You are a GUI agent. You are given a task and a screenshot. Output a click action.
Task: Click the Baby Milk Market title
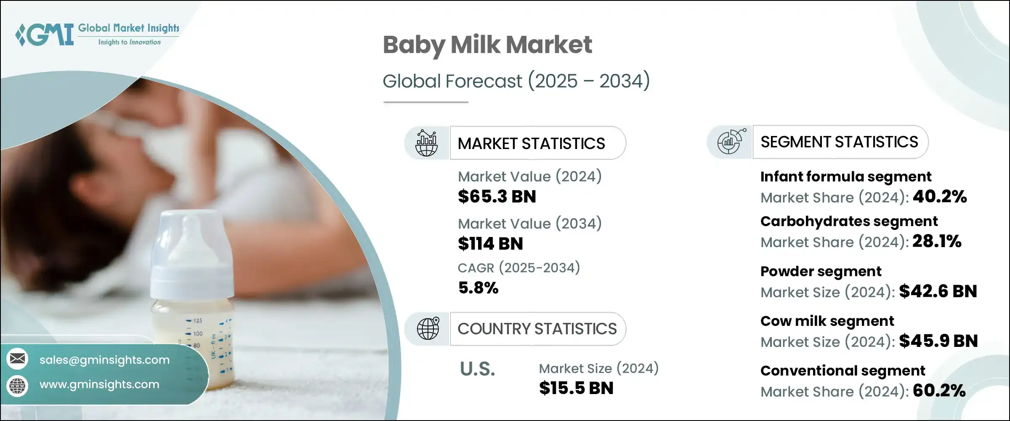pos(487,45)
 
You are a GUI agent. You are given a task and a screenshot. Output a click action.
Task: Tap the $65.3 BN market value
pos(497,197)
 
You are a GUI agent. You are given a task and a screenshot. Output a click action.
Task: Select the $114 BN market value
pos(491,244)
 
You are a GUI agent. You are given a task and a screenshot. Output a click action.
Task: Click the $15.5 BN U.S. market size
pos(576,388)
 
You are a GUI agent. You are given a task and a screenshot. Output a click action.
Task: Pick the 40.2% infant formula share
pos(940,197)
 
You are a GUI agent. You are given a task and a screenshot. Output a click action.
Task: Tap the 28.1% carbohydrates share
pos(937,241)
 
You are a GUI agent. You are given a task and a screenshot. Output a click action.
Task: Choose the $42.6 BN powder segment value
pos(938,291)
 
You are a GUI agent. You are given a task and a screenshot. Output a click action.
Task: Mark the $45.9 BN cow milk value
pos(938,341)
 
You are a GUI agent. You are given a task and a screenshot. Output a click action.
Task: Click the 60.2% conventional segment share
pos(939,391)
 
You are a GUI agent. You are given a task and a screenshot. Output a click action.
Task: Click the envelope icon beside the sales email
pos(18,359)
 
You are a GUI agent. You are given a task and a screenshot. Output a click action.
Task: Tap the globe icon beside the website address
pos(18,386)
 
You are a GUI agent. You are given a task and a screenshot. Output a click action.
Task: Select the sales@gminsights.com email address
pos(104,360)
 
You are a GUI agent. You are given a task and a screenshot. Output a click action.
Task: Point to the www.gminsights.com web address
pos(99,384)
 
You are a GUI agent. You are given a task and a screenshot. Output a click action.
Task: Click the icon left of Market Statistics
pos(427,143)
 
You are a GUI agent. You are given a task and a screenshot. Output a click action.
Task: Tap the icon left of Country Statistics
pos(428,329)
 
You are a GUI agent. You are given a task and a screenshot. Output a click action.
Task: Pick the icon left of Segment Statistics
pos(731,142)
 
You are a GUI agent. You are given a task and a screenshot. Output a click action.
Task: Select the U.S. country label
pos(477,369)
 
